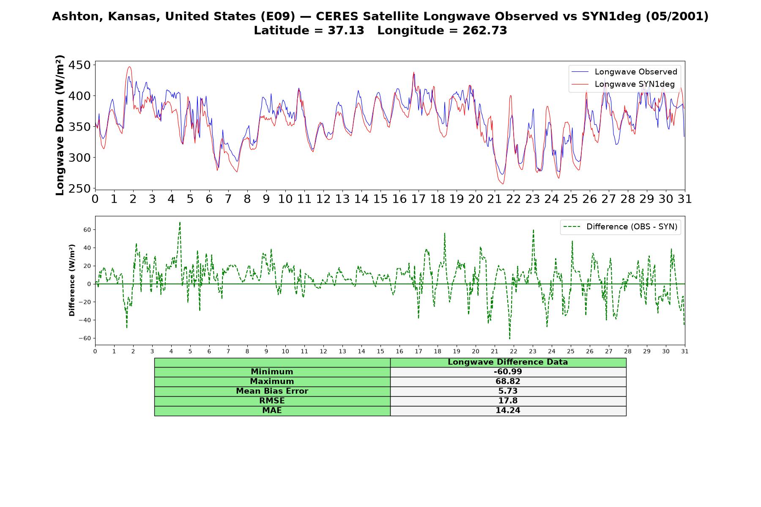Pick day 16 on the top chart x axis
click(400, 199)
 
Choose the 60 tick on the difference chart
click(87, 230)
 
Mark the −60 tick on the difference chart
click(85, 338)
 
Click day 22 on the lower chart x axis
click(514, 351)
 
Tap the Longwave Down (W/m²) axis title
click(60, 125)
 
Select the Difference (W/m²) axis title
click(72, 280)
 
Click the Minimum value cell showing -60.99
click(508, 372)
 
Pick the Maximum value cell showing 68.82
click(508, 382)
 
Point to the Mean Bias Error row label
click(272, 391)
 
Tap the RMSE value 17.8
click(508, 401)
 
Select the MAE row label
click(272, 411)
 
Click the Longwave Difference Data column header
click(508, 362)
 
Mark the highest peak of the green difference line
click(180, 222)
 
